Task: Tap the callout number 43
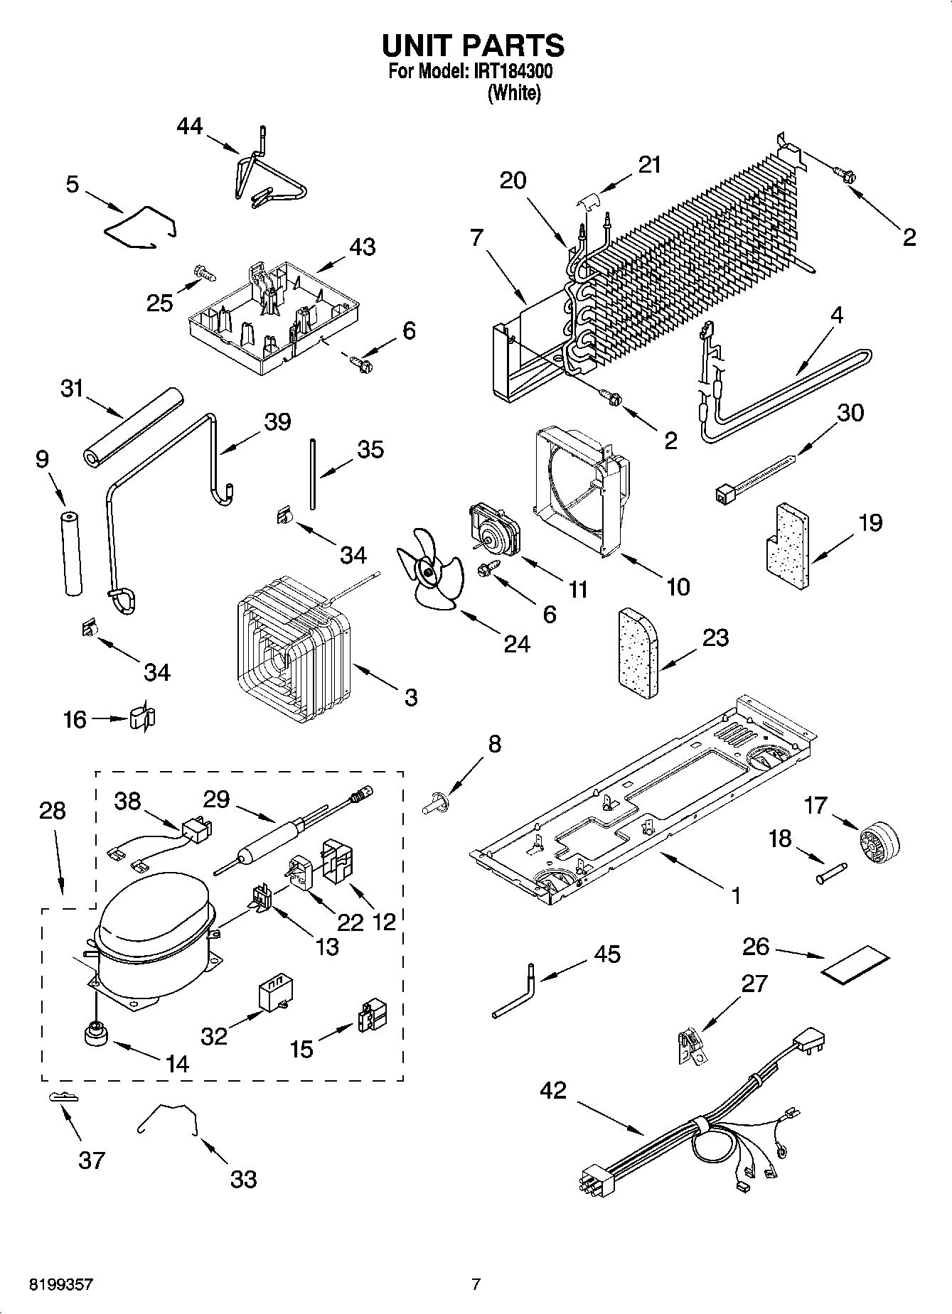pos(362,247)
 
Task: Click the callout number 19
pos(870,522)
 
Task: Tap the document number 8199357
pos(60,1284)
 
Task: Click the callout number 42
pos(553,1089)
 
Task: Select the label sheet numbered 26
pos(856,965)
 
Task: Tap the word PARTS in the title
pos(513,45)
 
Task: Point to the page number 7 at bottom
pos(476,1284)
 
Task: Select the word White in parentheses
pos(513,93)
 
